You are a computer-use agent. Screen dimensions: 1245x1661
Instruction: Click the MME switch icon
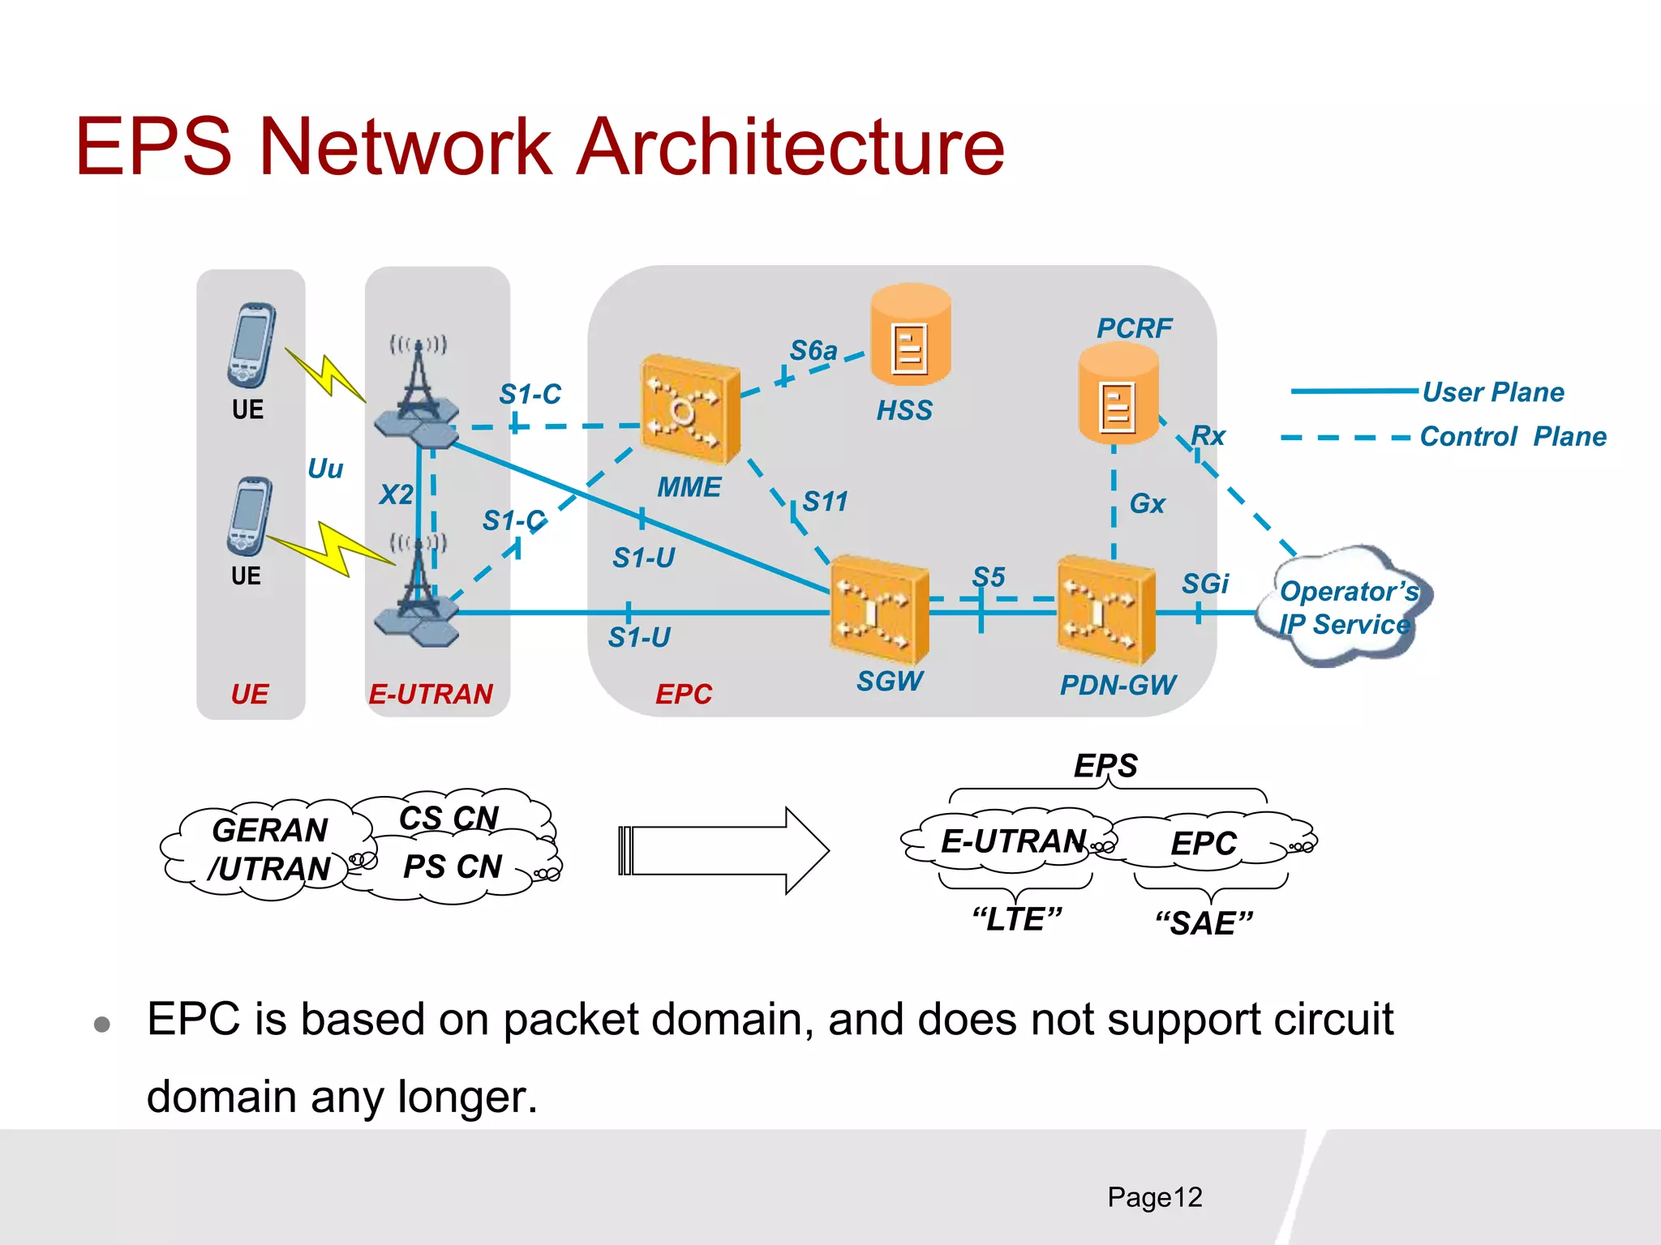pyautogui.click(x=689, y=409)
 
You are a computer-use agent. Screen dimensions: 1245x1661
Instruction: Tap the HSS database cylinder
pyautogui.click(x=910, y=334)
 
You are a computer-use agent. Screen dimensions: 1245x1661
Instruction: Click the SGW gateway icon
pyautogui.click(x=879, y=608)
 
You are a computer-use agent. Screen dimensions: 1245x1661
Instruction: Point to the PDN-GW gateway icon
pyautogui.click(x=1105, y=610)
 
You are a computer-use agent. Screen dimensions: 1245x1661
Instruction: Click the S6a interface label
pyautogui.click(x=813, y=350)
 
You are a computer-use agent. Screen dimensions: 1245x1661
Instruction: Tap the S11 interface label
pyautogui.click(x=825, y=502)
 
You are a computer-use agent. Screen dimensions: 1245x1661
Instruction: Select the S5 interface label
pyautogui.click(x=989, y=577)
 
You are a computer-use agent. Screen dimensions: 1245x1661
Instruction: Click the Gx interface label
pyautogui.click(x=1147, y=504)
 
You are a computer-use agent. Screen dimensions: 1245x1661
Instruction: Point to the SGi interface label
pyautogui.click(x=1205, y=584)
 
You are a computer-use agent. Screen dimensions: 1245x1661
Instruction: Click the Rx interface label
pyautogui.click(x=1208, y=435)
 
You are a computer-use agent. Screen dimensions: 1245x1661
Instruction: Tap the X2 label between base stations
pyautogui.click(x=396, y=494)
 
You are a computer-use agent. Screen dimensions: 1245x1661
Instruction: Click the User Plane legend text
pyautogui.click(x=1493, y=392)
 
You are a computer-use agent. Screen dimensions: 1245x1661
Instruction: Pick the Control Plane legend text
pyautogui.click(x=1513, y=437)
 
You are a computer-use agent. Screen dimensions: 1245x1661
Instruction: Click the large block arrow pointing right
pyautogui.click(x=722, y=851)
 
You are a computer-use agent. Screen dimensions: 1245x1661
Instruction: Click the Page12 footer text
pyautogui.click(x=1154, y=1197)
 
